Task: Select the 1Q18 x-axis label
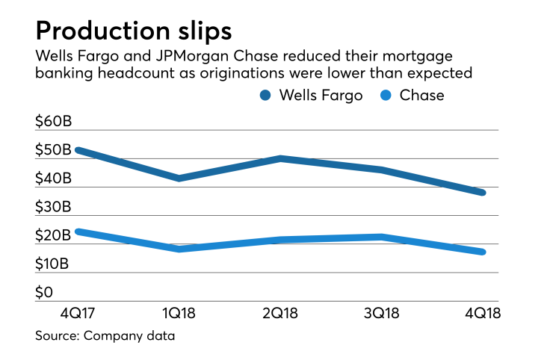pyautogui.click(x=179, y=313)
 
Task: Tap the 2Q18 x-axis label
pyautogui.click(x=281, y=313)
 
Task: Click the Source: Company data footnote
pyautogui.click(x=105, y=336)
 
